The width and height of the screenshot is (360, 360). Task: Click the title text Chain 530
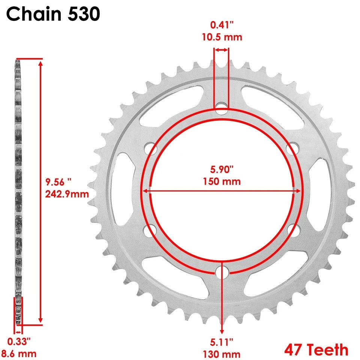tap(53, 14)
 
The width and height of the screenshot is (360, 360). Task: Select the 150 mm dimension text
tap(222, 182)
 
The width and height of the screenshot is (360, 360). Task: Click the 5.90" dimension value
tap(222, 170)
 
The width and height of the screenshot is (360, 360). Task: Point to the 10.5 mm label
tap(221, 37)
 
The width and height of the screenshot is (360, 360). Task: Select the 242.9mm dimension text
tap(67, 194)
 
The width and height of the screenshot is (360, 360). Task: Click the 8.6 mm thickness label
tap(19, 353)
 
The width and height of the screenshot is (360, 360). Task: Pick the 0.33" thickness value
tap(19, 342)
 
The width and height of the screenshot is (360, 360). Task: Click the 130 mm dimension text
tap(222, 353)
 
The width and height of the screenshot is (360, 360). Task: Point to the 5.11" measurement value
tap(222, 342)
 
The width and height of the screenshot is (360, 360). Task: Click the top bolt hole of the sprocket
tap(222, 111)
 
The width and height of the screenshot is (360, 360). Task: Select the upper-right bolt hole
tap(292, 149)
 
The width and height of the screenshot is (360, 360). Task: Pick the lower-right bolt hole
tap(292, 230)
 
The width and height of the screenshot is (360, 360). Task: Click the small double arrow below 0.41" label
tap(221, 50)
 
